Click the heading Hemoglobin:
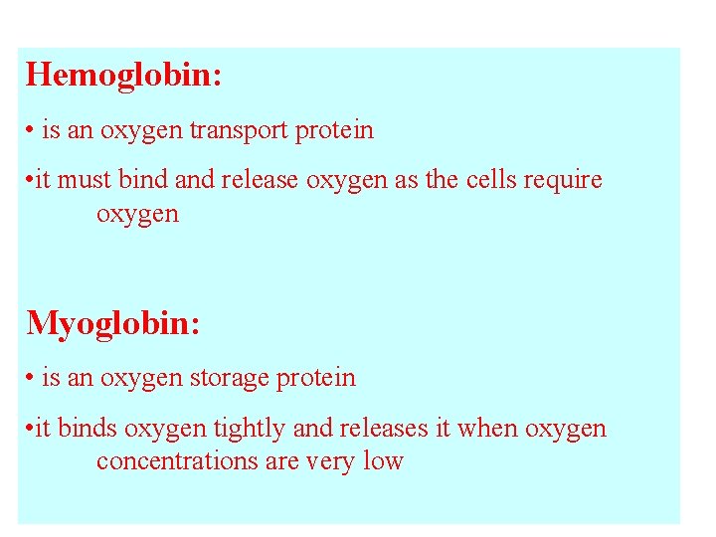tap(124, 75)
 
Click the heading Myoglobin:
tap(113, 323)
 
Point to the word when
tap(481, 428)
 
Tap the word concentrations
tap(182, 461)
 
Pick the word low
tap(385, 461)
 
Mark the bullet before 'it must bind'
tap(31, 181)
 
